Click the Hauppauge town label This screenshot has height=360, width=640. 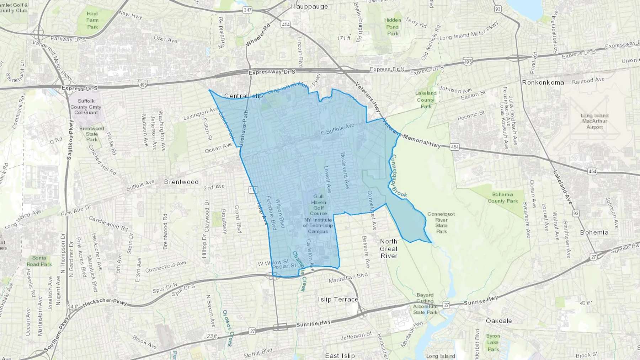pyautogui.click(x=309, y=6)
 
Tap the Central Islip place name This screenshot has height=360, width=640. pyautogui.click(x=244, y=96)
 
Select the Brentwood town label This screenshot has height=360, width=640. pyautogui.click(x=181, y=182)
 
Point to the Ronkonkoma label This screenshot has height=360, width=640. pyautogui.click(x=543, y=82)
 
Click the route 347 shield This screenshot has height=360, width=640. pyautogui.click(x=247, y=10)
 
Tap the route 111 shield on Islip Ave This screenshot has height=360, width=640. pyautogui.click(x=253, y=190)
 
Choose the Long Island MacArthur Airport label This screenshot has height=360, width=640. pyautogui.click(x=594, y=121)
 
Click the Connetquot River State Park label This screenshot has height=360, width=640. pyautogui.click(x=441, y=223)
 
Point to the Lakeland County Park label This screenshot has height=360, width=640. pyautogui.click(x=426, y=100)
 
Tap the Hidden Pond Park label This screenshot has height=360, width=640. pyautogui.click(x=393, y=27)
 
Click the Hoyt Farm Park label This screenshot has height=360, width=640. pyautogui.click(x=92, y=20)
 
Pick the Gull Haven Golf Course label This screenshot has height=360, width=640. pyautogui.click(x=318, y=205)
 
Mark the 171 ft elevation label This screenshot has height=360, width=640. pyautogui.click(x=344, y=38)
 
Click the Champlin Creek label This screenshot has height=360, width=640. pyautogui.click(x=299, y=271)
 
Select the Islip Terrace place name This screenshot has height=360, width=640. pyautogui.click(x=338, y=300)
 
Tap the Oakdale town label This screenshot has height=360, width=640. pyautogui.click(x=499, y=321)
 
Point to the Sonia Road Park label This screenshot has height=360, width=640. pyautogui.click(x=39, y=261)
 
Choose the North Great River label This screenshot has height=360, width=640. pyautogui.click(x=388, y=248)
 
